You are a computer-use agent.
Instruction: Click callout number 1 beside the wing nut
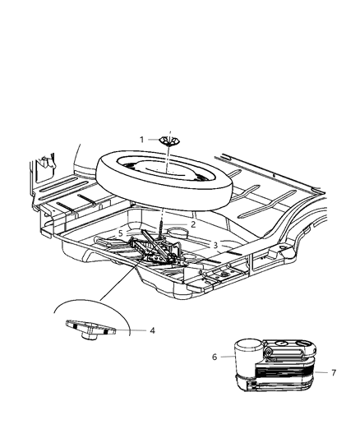pyautogui.click(x=141, y=140)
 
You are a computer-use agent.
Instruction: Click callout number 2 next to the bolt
pyautogui.click(x=193, y=224)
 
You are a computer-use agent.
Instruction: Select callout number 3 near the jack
pyautogui.click(x=215, y=245)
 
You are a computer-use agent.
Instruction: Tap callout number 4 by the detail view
pyautogui.click(x=151, y=331)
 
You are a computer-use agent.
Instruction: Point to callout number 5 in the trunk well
pyautogui.click(x=120, y=233)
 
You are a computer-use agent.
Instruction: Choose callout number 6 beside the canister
pyautogui.click(x=215, y=357)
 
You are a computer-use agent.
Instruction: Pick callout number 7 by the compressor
pyautogui.click(x=334, y=372)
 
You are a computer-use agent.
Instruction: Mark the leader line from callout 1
pyautogui.click(x=155, y=140)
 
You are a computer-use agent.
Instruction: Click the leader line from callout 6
pyautogui.click(x=225, y=357)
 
